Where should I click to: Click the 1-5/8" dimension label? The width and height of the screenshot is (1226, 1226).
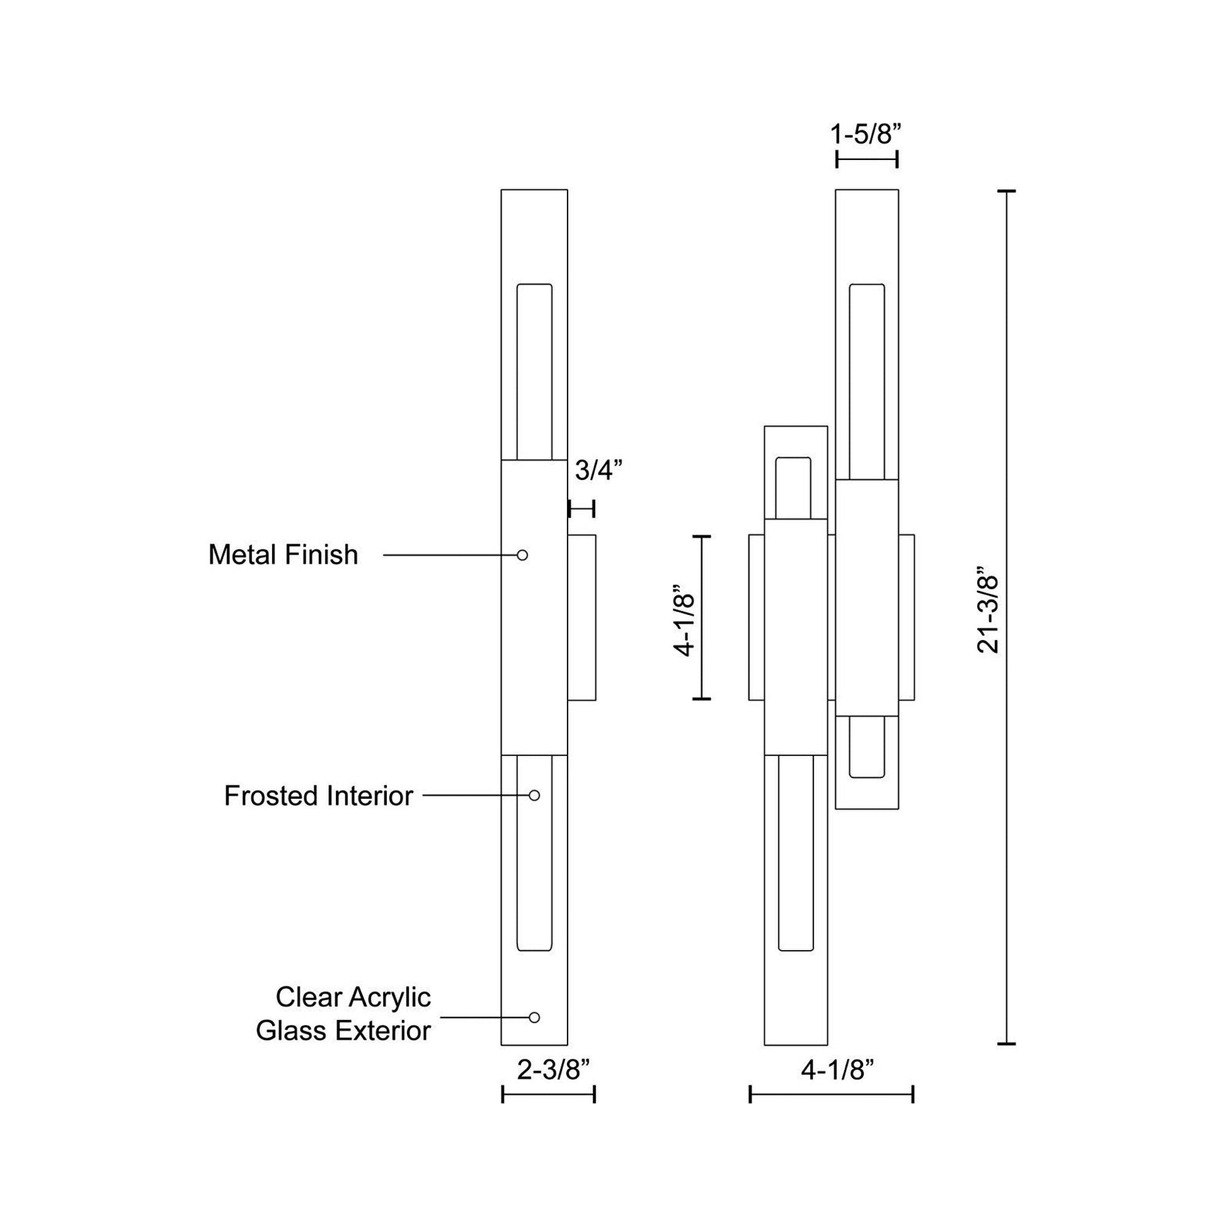(866, 135)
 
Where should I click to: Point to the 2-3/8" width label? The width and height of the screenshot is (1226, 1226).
(554, 1070)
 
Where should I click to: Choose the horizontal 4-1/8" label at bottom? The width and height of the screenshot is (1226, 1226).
(838, 1070)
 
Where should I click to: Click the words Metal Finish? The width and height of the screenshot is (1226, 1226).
(283, 555)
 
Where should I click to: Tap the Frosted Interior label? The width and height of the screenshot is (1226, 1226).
(319, 796)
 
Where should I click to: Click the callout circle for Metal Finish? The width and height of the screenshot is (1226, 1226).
(522, 555)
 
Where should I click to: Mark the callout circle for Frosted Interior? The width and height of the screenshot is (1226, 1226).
(534, 795)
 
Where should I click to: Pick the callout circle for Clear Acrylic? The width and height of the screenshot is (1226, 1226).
(534, 1017)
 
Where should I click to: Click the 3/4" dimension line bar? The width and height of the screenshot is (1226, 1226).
(581, 508)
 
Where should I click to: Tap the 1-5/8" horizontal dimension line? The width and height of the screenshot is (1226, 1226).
(867, 160)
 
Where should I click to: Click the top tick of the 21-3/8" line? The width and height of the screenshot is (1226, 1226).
(1006, 191)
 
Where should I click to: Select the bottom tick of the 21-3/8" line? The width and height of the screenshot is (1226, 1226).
(1006, 1044)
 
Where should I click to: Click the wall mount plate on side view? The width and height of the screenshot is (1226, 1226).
(582, 617)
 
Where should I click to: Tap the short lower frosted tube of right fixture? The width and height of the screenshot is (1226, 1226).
(867, 747)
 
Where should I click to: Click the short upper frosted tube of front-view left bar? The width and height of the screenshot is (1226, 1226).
(793, 488)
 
